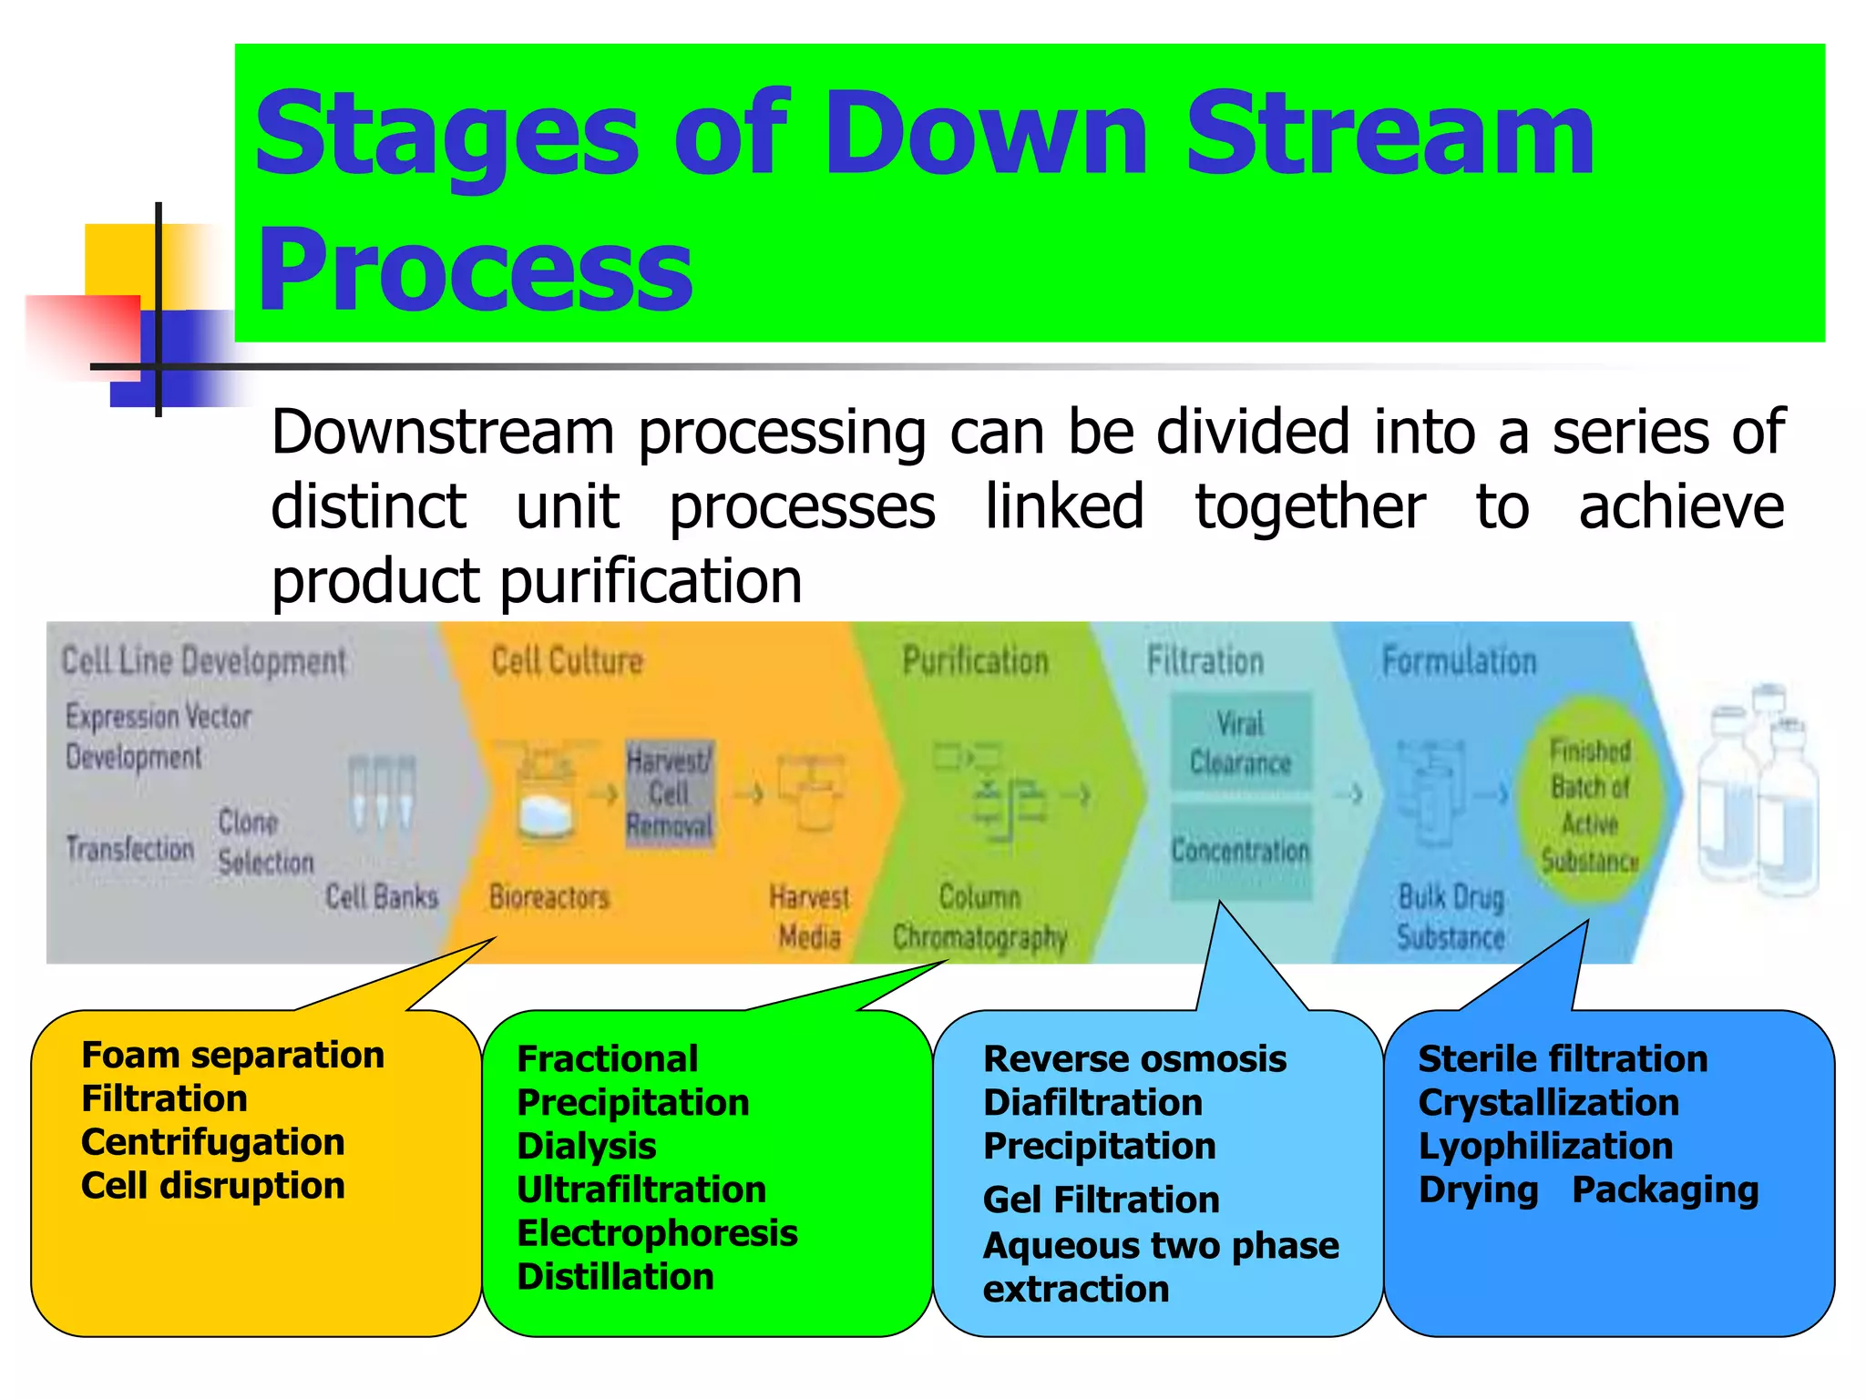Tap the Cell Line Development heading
pos(203,660)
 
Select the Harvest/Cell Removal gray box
pos(670,793)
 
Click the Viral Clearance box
pos(1241,742)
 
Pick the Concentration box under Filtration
pos(1241,851)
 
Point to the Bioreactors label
pos(549,897)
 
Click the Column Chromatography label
pos(980,916)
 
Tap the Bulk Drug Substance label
pos(1451,916)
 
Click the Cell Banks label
pos(382,897)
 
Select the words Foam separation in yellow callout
pos(232,1055)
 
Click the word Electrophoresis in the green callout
pos(657,1233)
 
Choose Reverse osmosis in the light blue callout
pos(1134,1058)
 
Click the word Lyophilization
pos(1545,1146)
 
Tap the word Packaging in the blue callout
pos(1665,1190)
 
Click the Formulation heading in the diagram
pos(1459,660)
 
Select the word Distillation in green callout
pos(615,1277)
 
